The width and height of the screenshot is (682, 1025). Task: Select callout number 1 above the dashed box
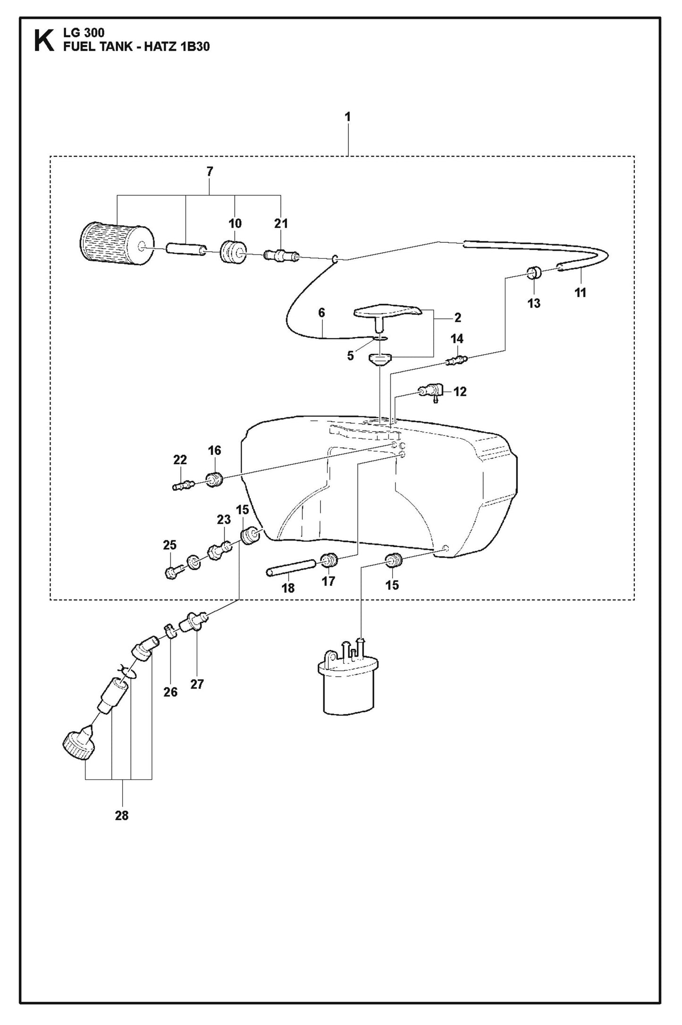[x=348, y=117]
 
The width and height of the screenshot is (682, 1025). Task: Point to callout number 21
[x=281, y=223]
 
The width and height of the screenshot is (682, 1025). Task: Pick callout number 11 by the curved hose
[x=580, y=292]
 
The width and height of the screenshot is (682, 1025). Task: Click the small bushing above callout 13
[x=534, y=273]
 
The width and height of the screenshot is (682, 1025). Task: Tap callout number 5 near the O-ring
[x=350, y=356]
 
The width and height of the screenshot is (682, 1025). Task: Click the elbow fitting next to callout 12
[x=431, y=392]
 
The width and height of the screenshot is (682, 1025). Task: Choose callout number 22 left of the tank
[x=180, y=460]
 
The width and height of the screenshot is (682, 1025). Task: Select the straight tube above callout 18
[x=291, y=566]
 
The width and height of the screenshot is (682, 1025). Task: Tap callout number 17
[x=328, y=581]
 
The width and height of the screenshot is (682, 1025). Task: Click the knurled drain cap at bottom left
[x=79, y=748]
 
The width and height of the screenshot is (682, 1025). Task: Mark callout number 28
[x=122, y=816]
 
